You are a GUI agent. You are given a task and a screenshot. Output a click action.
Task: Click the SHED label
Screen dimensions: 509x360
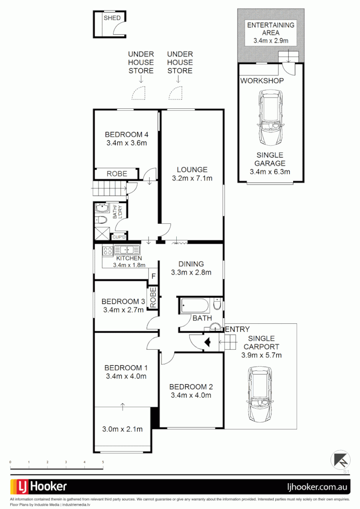coord(112,18)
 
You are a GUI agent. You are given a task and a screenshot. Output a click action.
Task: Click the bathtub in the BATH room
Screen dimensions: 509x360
coord(195,306)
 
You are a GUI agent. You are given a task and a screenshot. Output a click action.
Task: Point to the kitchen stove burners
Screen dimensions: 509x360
coord(107,250)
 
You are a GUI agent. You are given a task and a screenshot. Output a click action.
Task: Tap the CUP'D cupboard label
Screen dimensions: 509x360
coord(119,237)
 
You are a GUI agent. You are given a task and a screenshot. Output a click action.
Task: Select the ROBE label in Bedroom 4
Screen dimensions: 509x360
coord(116,174)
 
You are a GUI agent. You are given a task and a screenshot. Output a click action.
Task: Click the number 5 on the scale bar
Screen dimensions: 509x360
coord(103,462)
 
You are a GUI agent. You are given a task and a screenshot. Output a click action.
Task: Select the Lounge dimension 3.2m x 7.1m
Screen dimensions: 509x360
coord(192,178)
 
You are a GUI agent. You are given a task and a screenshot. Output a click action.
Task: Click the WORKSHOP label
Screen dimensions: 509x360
coord(262,81)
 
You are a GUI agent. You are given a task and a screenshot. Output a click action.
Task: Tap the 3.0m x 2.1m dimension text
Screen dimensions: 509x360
coord(122,429)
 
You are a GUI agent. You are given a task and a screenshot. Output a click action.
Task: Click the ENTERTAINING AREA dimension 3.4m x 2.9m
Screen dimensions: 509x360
coord(270,41)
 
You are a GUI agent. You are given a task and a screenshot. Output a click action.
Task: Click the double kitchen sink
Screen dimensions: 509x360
coord(126,250)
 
